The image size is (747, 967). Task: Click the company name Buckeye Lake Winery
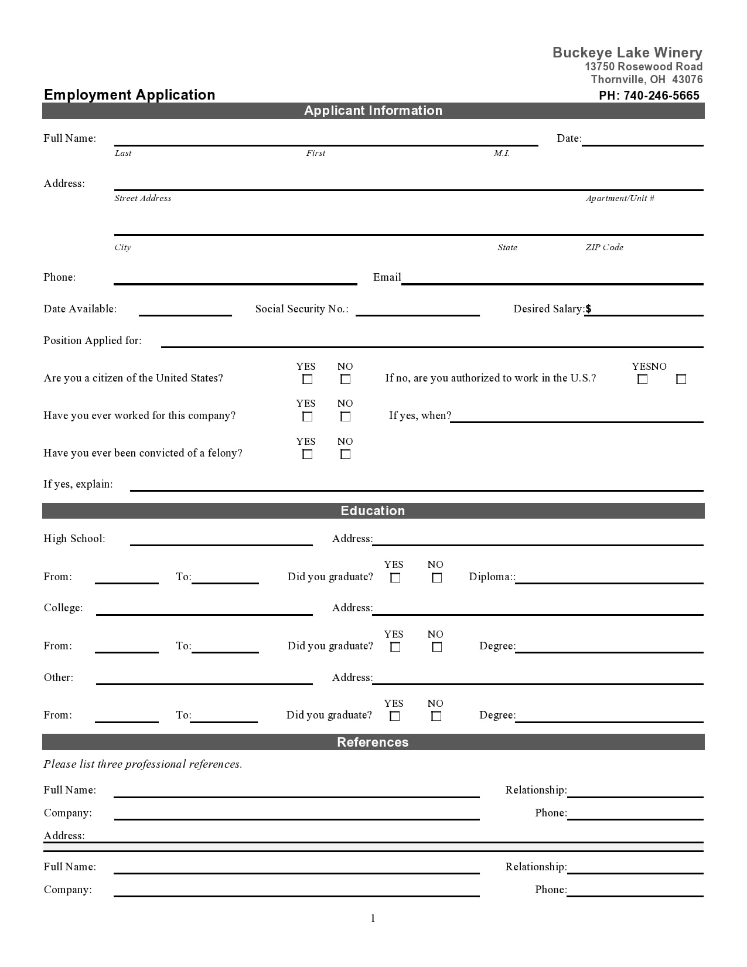(x=627, y=53)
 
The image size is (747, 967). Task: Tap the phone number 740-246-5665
(x=661, y=96)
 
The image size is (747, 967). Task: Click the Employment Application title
(x=129, y=95)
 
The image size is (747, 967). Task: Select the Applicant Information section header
(x=373, y=111)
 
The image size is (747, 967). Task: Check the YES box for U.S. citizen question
(x=307, y=379)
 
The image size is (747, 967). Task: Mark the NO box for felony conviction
(x=346, y=454)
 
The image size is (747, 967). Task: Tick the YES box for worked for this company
(x=307, y=417)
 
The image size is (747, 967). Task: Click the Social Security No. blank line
(x=417, y=311)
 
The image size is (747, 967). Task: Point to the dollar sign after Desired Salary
(x=588, y=309)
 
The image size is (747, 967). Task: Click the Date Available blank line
(x=185, y=311)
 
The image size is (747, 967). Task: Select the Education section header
(x=373, y=511)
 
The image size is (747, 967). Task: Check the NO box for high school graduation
(x=436, y=578)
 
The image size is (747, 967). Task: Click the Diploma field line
(x=609, y=578)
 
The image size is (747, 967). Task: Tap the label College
(x=63, y=608)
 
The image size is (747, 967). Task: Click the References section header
(x=373, y=743)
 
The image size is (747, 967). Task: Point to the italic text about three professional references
(x=142, y=764)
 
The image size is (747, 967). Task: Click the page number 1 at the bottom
(x=373, y=918)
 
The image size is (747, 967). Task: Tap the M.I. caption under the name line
(x=502, y=153)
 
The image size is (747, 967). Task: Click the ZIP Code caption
(x=604, y=247)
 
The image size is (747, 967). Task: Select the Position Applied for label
(x=93, y=341)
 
